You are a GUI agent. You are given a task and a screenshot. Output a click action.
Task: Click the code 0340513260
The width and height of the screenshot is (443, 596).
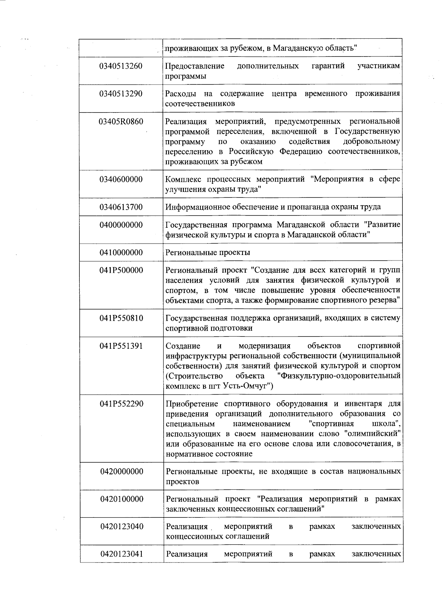click(121, 66)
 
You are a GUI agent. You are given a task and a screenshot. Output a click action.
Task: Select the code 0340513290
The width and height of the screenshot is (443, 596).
click(121, 94)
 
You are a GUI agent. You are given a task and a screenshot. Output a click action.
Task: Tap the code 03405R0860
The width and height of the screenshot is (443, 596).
click(121, 121)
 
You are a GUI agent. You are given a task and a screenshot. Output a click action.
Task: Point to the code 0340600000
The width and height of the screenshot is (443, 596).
click(121, 179)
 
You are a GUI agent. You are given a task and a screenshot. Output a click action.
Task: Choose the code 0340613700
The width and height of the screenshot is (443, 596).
click(121, 207)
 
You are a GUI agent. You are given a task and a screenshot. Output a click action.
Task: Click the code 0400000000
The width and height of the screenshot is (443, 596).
click(121, 225)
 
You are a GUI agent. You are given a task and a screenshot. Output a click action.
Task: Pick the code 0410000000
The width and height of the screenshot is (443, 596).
click(121, 253)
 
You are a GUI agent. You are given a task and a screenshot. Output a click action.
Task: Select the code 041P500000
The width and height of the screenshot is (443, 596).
click(121, 271)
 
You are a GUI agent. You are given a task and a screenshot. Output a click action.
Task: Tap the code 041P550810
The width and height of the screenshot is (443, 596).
click(121, 318)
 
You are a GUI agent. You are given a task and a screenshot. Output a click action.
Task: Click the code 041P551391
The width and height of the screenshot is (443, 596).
click(121, 346)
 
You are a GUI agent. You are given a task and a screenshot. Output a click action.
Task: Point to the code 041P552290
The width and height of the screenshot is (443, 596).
click(121, 404)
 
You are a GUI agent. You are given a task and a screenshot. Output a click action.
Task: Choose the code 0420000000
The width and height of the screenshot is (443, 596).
click(121, 472)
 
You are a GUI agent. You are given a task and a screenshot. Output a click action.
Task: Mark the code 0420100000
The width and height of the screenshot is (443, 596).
click(121, 499)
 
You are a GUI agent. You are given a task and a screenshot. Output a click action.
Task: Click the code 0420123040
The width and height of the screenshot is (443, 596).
click(121, 527)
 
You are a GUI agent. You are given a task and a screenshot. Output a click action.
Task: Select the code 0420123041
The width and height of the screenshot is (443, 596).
click(121, 554)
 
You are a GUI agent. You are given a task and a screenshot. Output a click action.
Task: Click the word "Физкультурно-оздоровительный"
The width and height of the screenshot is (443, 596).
click(339, 376)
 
